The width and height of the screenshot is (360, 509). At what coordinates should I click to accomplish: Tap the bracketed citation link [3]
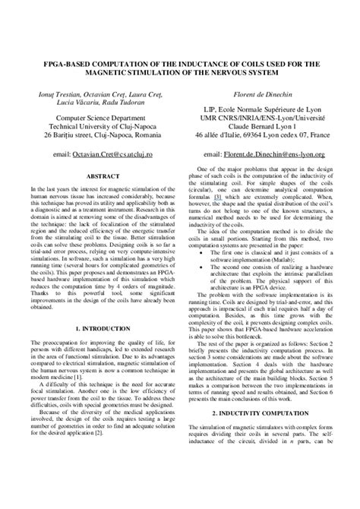coord(216,197)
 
